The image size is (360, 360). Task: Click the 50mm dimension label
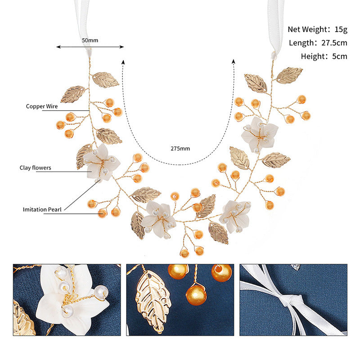pos(90,40)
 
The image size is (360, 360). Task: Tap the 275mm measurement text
pos(180,148)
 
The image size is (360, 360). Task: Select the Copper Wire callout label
pos(42,106)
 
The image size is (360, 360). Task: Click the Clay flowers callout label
pos(36,168)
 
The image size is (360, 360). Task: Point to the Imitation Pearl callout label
pos(42,209)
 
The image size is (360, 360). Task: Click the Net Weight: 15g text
pos(318,29)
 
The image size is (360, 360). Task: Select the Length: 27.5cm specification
pos(318,43)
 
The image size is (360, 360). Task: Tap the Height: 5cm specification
pos(324,56)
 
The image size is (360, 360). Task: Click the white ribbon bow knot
pos(291,299)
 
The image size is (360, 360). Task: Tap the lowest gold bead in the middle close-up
pos(196,295)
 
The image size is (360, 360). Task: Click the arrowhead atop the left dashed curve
pos(123,62)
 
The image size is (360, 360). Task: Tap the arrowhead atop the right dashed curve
pos(234,61)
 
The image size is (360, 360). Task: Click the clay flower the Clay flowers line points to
pos(101,162)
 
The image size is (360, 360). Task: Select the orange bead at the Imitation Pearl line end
pos(103,213)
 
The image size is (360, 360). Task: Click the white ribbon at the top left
pos(83,25)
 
